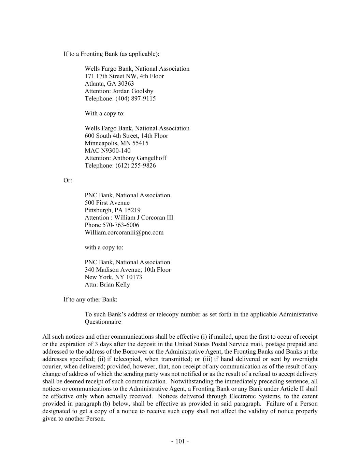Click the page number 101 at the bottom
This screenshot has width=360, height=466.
pyautogui.click(x=180, y=441)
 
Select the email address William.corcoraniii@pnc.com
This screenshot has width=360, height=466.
pyautogui.click(x=124, y=232)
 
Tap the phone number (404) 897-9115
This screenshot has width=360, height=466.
pyautogui.click(x=135, y=99)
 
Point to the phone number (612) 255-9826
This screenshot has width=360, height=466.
pyautogui.click(x=135, y=166)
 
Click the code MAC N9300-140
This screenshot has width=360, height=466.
pyautogui.click(x=107, y=151)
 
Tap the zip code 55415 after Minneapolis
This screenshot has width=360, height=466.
pyautogui.click(x=140, y=143)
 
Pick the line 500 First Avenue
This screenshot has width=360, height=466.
pyautogui.click(x=107, y=203)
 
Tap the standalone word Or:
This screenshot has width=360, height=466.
pyautogui.click(x=68, y=180)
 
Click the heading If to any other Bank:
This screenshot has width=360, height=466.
pyautogui.click(x=90, y=299)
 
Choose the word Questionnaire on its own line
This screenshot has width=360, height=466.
pyautogui.click(x=103, y=322)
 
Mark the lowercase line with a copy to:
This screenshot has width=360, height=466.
pyautogui.click(x=104, y=248)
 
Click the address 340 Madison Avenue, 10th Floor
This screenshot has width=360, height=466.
pyautogui.click(x=128, y=270)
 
